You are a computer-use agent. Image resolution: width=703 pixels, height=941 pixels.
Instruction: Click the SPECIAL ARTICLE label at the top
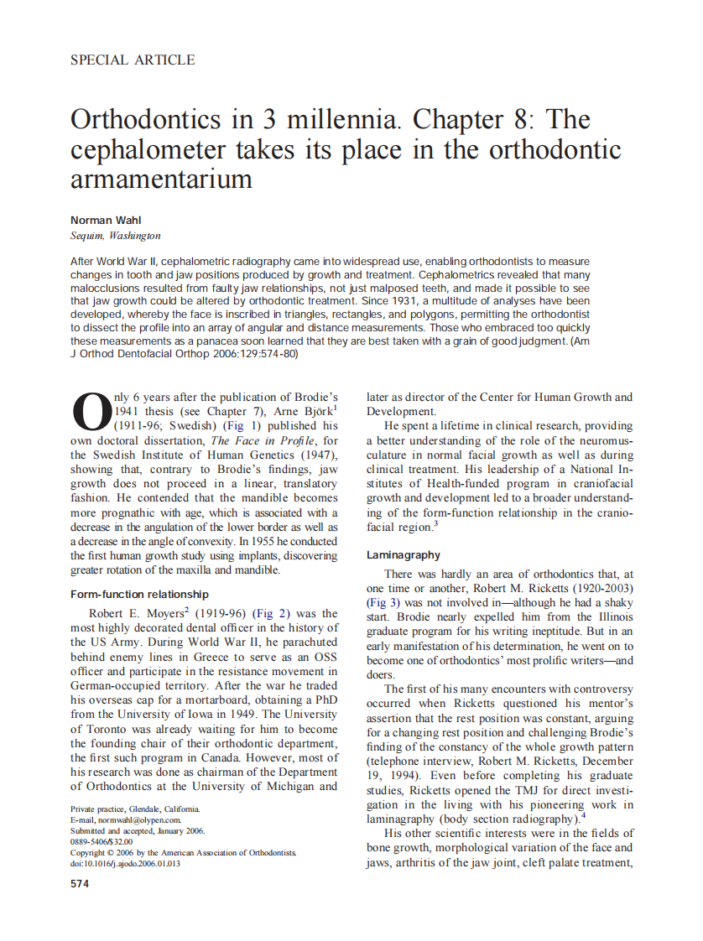pos(133,60)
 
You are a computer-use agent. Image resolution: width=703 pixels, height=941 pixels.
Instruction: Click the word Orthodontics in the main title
pos(148,120)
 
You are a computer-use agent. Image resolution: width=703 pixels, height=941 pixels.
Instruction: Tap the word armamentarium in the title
pos(161,178)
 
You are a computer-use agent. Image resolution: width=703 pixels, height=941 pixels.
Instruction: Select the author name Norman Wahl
pos(103,221)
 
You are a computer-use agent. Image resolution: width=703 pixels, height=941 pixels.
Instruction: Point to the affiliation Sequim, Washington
pos(116,236)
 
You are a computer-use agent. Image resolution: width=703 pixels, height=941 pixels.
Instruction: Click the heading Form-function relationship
pos(139,594)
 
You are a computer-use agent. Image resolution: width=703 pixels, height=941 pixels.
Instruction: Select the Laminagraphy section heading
pos(404,555)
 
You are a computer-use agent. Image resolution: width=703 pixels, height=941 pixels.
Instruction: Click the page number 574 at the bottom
pos(81,883)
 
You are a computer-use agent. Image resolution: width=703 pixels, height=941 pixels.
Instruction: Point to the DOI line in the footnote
pos(125,863)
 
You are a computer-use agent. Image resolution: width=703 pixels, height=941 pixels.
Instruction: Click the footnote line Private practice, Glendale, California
pos(135,808)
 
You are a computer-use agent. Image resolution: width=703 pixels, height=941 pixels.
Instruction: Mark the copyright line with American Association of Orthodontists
pos(184,852)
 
